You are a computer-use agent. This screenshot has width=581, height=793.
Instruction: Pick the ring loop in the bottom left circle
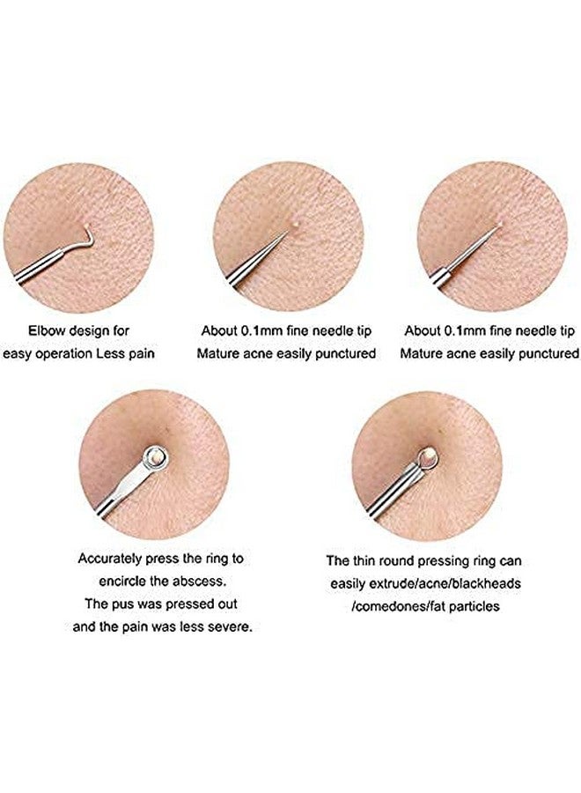(156, 457)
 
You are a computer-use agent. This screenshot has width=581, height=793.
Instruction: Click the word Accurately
(111, 559)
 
